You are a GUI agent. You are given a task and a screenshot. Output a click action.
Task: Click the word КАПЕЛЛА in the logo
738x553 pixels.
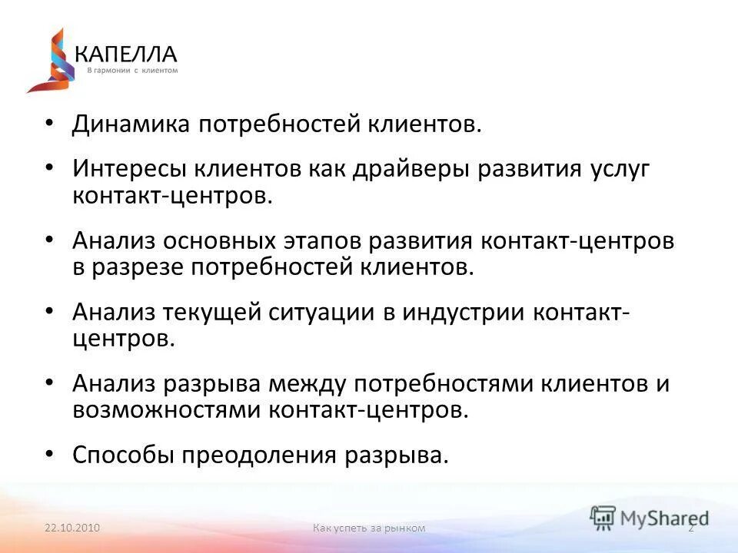click(126, 53)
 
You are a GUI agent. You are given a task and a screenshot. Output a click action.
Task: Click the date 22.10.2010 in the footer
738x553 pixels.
click(73, 528)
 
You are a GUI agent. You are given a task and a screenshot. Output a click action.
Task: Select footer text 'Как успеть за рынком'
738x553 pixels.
click(369, 528)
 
